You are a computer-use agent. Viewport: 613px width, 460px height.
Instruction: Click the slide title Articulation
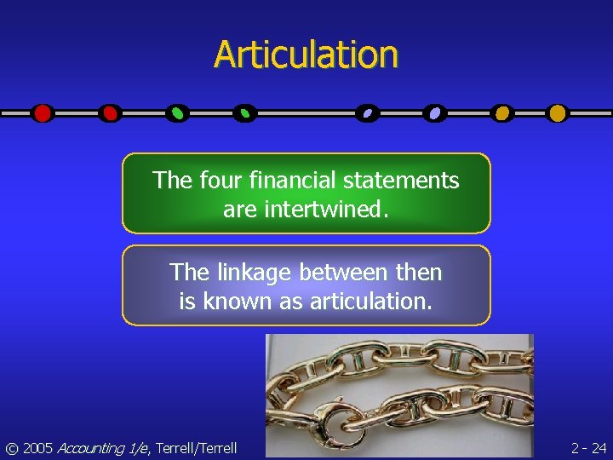(306, 55)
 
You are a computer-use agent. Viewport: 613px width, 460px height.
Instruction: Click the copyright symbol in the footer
(11, 447)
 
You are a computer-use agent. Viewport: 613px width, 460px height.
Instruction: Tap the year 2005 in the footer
(37, 447)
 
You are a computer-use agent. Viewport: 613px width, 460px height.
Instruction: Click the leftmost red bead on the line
(43, 112)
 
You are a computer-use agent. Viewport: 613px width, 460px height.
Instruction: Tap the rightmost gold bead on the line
(557, 112)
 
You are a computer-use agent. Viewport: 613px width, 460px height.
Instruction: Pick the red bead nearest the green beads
(110, 112)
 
